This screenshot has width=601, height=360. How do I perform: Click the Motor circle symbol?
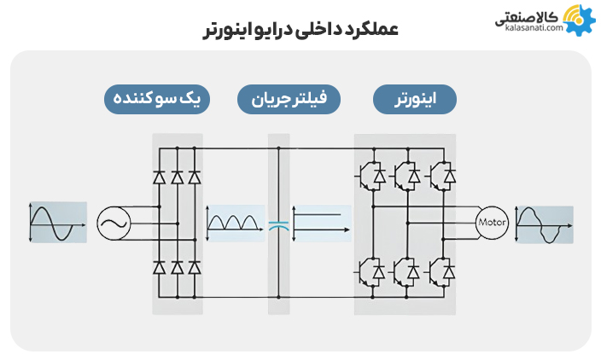tap(492, 224)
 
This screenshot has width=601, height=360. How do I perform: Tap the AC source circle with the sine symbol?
tap(113, 224)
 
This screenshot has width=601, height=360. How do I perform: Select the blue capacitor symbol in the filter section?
tap(278, 225)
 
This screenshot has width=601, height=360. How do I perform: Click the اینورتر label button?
tap(415, 99)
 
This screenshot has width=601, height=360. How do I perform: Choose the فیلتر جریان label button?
tap(289, 99)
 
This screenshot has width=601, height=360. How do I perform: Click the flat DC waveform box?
tap(320, 224)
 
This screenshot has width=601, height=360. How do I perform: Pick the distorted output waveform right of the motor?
tap(543, 224)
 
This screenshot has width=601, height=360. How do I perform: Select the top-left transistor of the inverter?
tap(369, 176)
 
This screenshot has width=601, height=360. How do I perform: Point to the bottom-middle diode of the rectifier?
tap(177, 267)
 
